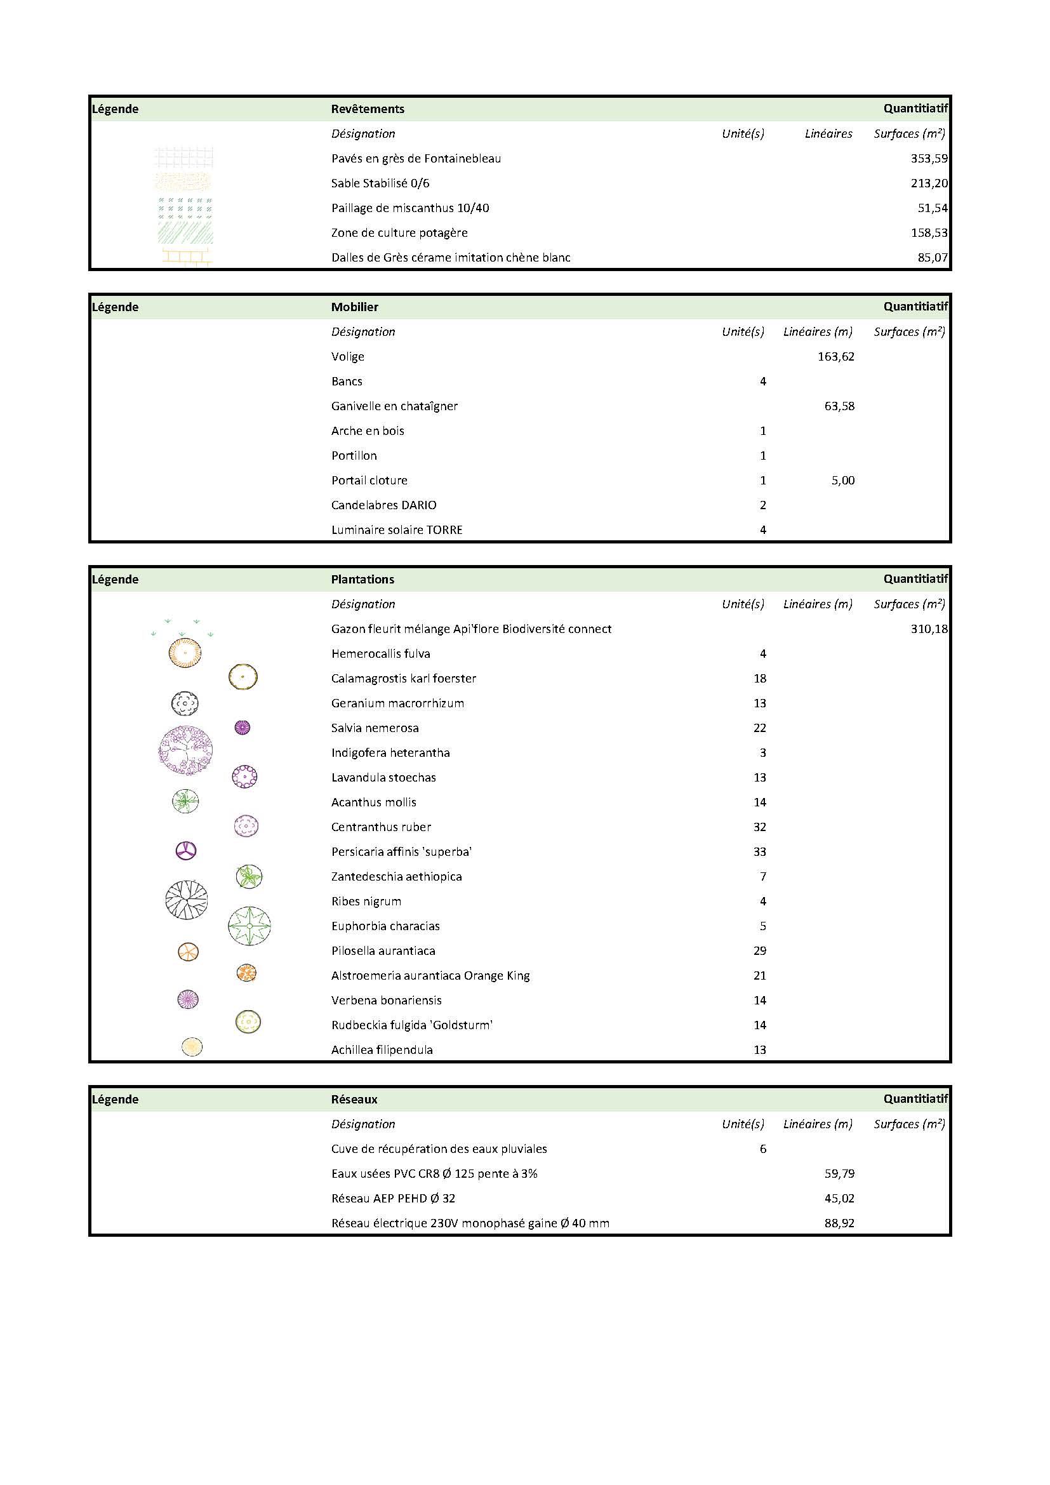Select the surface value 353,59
coord(929,159)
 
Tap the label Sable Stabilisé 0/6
coord(380,183)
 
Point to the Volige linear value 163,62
coord(836,356)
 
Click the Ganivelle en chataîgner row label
coord(394,406)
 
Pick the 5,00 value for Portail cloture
coord(843,481)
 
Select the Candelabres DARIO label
coord(383,505)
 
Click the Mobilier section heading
coord(354,307)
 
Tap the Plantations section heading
coord(362,580)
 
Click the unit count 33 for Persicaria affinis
coord(760,852)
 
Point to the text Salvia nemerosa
coord(375,728)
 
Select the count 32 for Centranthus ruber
coord(760,827)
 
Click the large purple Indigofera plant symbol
coord(185,751)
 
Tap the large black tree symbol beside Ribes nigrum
coord(187,900)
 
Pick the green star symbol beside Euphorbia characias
coord(249,926)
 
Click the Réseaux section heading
coord(354,1100)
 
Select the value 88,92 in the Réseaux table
coord(839,1223)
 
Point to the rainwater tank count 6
coord(763,1149)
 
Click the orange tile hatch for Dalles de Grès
coord(187,257)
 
